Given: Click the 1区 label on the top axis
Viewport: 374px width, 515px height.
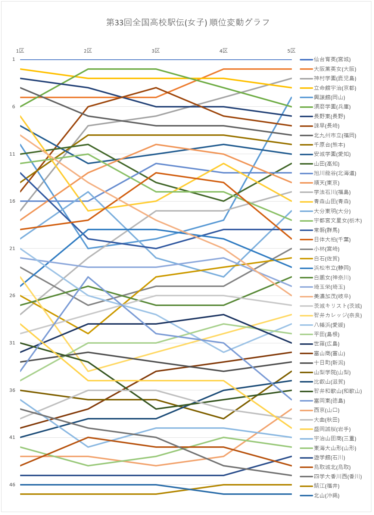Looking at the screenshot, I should point(20,51).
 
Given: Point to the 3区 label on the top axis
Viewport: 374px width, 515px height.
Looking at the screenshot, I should point(156,51).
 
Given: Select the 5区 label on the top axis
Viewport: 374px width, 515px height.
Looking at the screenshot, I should point(292,51).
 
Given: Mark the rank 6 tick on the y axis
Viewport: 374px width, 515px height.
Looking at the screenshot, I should point(14,107).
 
